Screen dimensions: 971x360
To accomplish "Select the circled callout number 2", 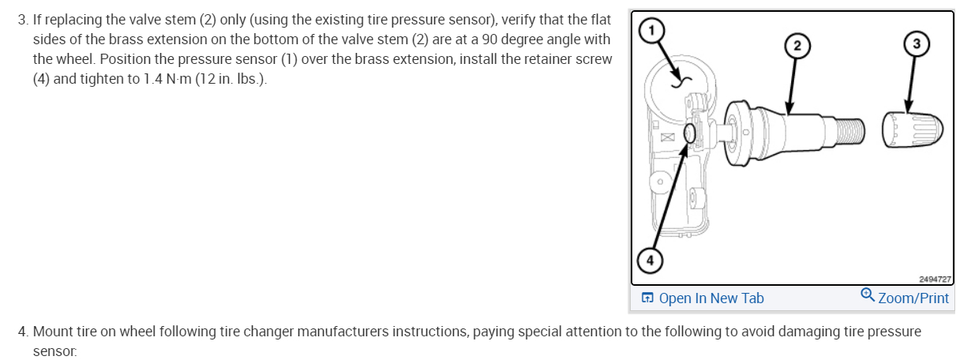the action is point(797,45).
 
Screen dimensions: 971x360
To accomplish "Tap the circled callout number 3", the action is point(916,43).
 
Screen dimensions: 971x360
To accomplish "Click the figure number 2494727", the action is point(935,279).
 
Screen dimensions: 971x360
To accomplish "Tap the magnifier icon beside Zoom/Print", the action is point(868,296).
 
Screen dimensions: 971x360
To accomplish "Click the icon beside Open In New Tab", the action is point(648,298).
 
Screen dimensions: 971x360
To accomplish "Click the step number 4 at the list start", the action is point(21,331).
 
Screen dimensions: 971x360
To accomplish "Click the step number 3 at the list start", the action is point(21,19).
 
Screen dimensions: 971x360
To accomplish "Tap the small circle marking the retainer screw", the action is point(689,134).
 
